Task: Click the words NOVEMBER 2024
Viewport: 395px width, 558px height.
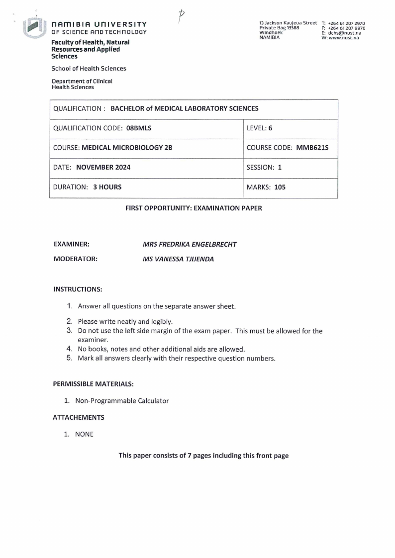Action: (x=103, y=168)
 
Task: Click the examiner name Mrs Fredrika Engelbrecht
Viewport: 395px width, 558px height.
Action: (x=190, y=244)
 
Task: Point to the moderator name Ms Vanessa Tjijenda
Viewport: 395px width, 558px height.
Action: (x=178, y=259)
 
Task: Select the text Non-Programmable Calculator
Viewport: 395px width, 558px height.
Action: (x=122, y=400)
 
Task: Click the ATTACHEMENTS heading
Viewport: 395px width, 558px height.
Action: (x=79, y=417)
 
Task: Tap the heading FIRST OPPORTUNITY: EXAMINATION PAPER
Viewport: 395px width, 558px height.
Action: (x=194, y=208)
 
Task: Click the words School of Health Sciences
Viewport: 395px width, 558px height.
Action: (x=89, y=69)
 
